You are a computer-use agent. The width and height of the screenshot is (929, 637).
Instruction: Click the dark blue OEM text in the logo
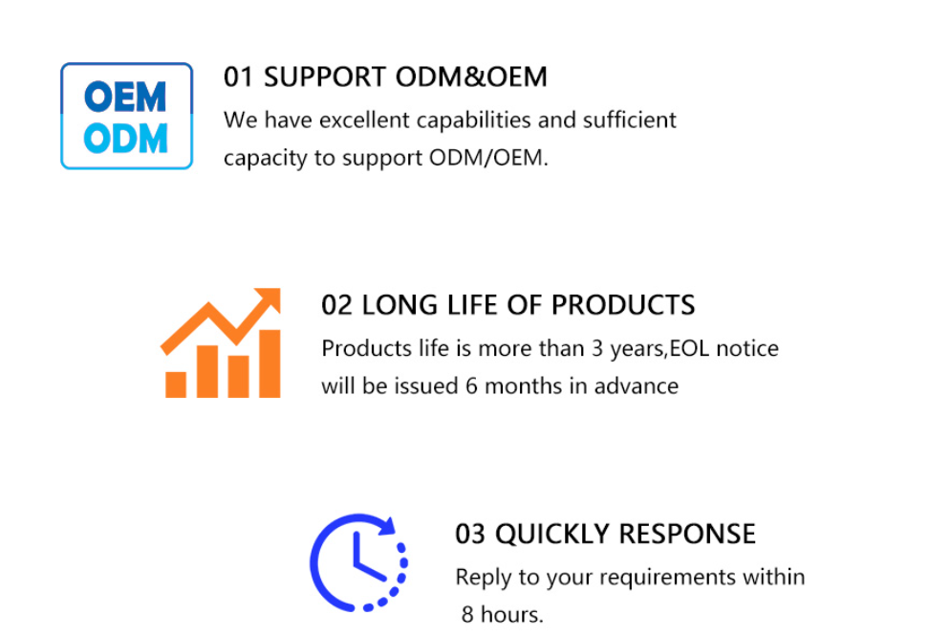point(125,97)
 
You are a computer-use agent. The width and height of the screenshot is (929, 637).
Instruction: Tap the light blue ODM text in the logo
point(125,139)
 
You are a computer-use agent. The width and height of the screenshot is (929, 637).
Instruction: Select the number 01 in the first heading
point(238,77)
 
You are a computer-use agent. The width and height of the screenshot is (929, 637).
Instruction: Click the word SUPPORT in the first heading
point(325,77)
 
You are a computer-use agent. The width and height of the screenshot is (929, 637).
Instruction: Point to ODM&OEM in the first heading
point(471,77)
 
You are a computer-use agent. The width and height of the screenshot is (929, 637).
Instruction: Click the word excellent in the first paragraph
point(365,120)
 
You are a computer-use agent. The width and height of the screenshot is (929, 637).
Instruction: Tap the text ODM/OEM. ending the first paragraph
point(488,158)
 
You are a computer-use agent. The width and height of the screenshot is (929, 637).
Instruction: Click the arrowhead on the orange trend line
point(268,299)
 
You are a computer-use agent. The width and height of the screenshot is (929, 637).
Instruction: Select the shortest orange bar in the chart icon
point(176,384)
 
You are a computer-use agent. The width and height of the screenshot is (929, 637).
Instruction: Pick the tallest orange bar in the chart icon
point(270,363)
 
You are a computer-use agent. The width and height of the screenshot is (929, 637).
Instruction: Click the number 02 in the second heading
point(336,305)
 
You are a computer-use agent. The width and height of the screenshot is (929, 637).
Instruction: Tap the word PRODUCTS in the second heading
point(623,305)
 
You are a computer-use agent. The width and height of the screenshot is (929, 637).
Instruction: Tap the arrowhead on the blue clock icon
point(387,525)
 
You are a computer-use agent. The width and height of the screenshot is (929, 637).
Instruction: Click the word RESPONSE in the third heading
point(687,534)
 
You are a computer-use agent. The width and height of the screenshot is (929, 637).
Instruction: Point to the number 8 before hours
point(467,615)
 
